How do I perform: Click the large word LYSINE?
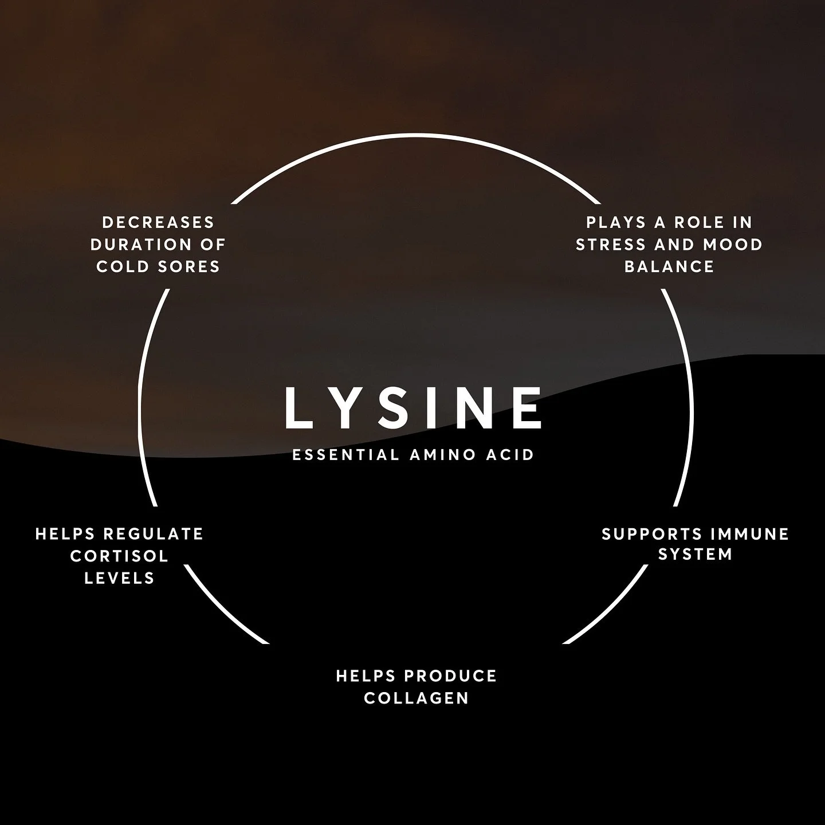tap(412, 407)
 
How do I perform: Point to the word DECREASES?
tap(158, 222)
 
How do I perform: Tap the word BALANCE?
tap(669, 266)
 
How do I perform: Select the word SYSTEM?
tap(695, 555)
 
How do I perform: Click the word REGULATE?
tap(153, 534)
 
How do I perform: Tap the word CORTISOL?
tap(119, 556)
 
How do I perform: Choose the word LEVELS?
tap(119, 578)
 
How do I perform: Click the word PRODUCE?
tap(450, 676)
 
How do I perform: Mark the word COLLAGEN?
tap(417, 698)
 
